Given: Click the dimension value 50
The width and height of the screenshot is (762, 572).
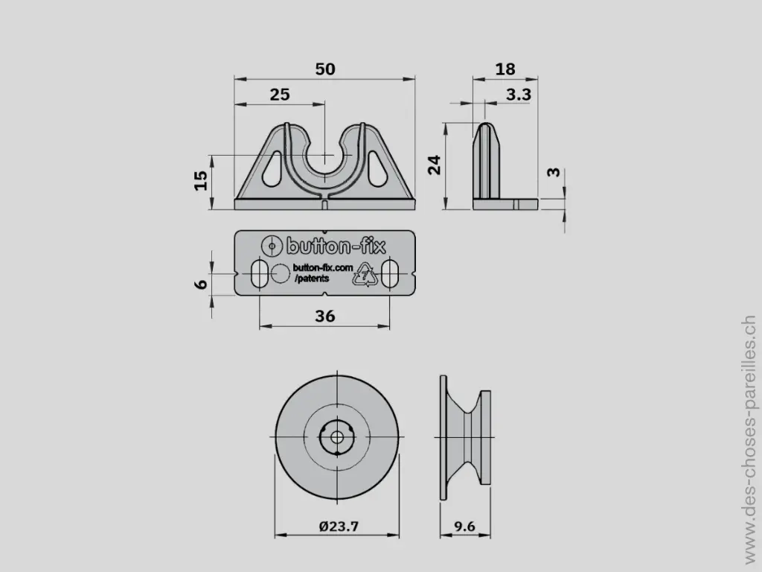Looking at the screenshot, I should click(x=325, y=69).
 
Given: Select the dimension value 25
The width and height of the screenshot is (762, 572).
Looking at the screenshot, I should click(x=280, y=95).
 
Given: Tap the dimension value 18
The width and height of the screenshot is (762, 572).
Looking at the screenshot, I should click(x=505, y=69).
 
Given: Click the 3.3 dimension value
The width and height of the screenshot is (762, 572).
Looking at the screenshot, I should click(x=518, y=95).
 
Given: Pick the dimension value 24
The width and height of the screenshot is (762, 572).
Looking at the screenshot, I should click(x=434, y=165).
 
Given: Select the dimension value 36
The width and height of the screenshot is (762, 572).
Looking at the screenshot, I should click(x=325, y=316).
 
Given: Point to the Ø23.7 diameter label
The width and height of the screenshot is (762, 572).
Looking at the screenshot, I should click(x=339, y=527).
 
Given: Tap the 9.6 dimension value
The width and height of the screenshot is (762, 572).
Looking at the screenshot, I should click(x=464, y=527).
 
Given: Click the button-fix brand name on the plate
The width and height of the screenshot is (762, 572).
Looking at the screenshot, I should click(x=336, y=246).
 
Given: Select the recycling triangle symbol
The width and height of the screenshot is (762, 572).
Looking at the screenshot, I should click(x=365, y=274).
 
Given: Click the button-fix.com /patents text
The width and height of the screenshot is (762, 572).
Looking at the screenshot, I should click(x=321, y=273).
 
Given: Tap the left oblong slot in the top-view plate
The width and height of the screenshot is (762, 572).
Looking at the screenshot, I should click(x=260, y=273).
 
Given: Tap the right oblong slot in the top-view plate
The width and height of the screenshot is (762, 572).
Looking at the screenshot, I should click(x=391, y=273).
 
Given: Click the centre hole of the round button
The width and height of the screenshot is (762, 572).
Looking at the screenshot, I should click(x=338, y=436).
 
